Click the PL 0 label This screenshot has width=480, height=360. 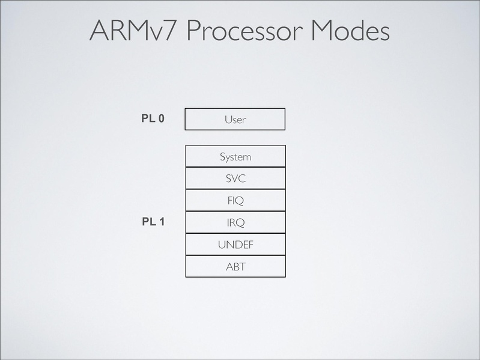[153, 118]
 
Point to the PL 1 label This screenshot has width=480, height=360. [153, 222]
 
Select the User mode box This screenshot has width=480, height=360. [235, 119]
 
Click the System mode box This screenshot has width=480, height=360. [235, 156]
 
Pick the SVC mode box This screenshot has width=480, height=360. [235, 178]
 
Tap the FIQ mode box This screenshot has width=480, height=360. [235, 201]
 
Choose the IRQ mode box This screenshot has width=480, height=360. [235, 222]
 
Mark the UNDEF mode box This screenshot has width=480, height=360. [235, 245]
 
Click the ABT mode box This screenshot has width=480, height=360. [235, 266]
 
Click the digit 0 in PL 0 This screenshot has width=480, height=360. [161, 118]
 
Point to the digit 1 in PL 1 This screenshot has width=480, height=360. [162, 222]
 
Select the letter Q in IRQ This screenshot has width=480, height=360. [240, 223]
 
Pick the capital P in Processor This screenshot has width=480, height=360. [194, 31]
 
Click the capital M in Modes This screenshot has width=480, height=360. [322, 31]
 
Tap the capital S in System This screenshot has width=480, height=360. [222, 157]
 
